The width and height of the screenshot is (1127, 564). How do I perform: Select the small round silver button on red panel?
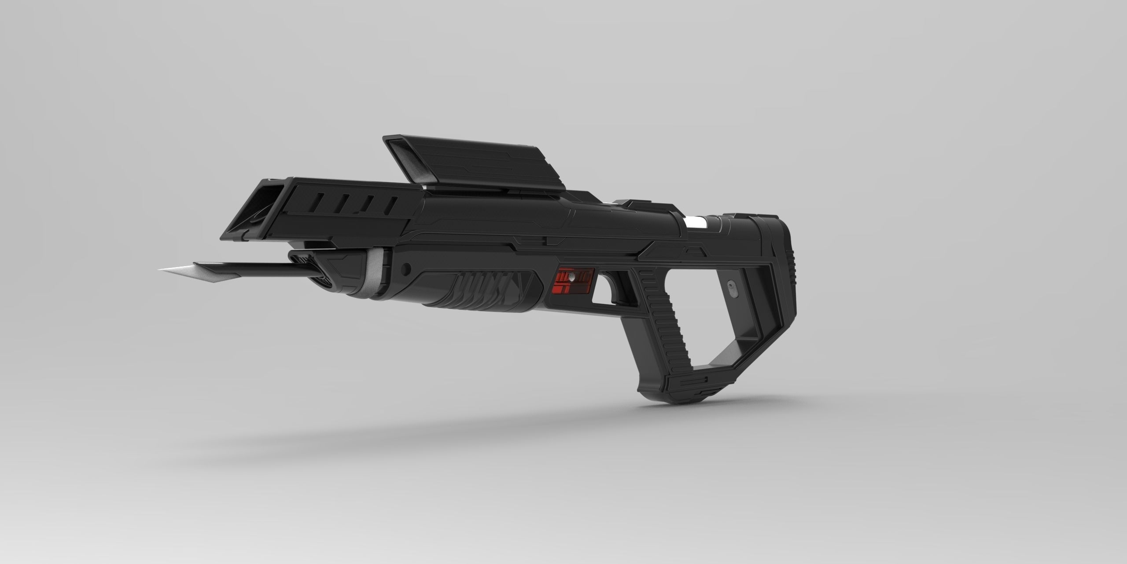coord(571,278)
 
